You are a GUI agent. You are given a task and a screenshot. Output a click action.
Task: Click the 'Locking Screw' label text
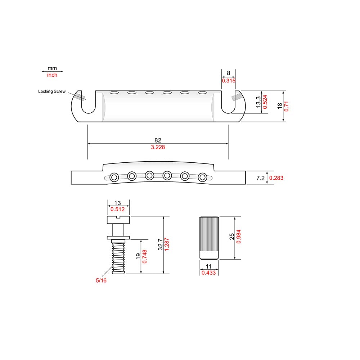(x=52, y=91)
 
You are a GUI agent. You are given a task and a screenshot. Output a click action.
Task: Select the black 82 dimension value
(x=158, y=140)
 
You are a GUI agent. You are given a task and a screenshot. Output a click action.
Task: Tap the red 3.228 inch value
(x=158, y=147)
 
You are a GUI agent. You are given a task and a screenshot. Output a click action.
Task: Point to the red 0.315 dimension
(x=228, y=81)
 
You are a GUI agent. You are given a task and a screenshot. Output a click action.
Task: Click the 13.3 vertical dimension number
(x=258, y=102)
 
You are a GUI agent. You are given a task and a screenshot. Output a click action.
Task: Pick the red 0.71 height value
(x=287, y=106)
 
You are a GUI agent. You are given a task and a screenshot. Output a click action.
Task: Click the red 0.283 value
(x=276, y=178)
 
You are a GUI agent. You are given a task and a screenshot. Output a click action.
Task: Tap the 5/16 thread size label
(x=101, y=280)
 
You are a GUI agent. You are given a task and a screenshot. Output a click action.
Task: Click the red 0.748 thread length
(x=144, y=256)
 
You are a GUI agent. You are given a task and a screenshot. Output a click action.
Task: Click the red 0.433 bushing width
(x=208, y=273)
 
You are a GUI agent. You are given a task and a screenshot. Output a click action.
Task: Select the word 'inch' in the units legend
(x=52, y=75)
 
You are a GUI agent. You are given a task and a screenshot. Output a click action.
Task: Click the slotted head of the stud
(x=118, y=219)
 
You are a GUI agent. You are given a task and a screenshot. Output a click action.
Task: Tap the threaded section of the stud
(x=118, y=257)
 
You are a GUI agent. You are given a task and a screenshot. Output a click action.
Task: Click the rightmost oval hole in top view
(x=202, y=93)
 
